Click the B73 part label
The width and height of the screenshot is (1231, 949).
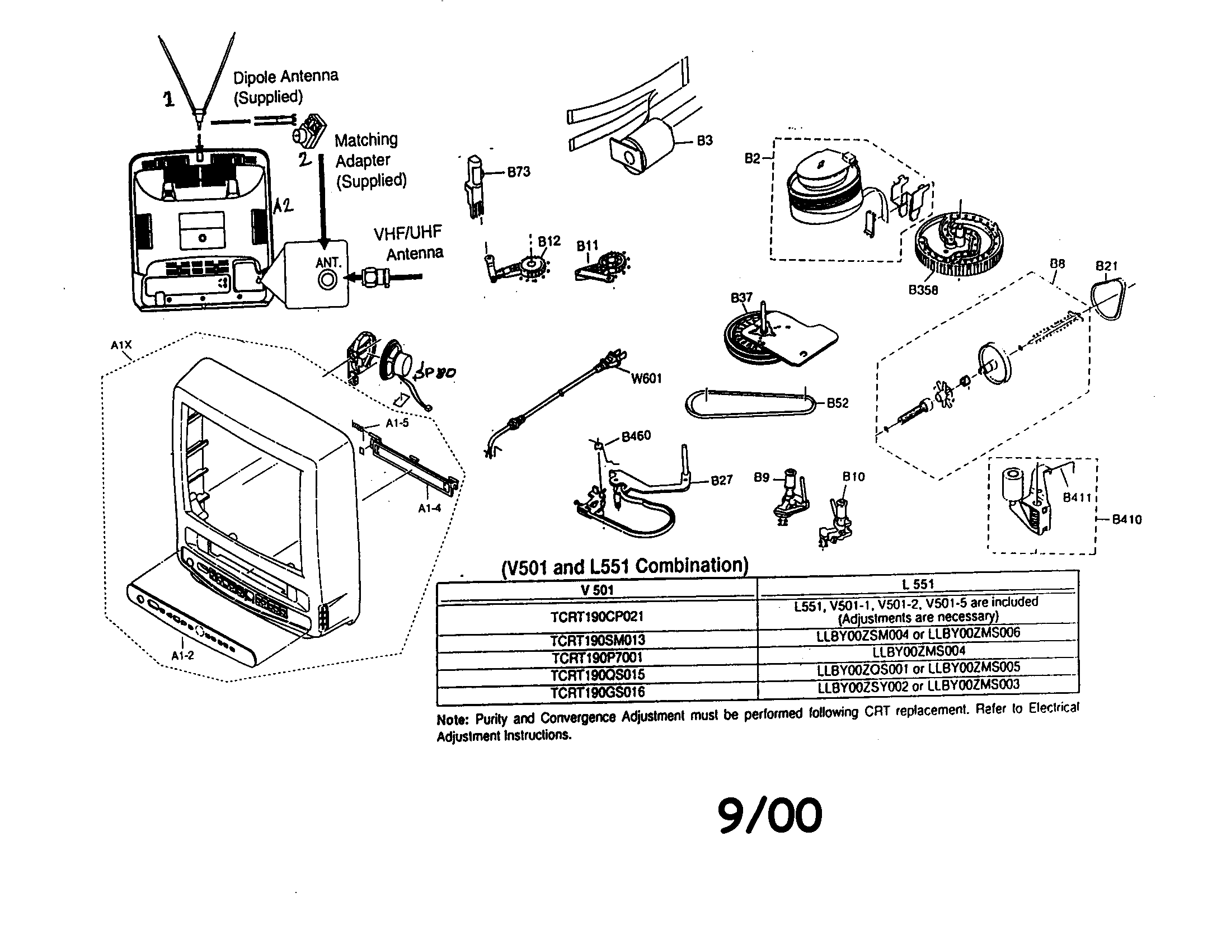(x=519, y=172)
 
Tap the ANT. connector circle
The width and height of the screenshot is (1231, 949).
(x=327, y=280)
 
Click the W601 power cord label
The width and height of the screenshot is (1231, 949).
(x=646, y=379)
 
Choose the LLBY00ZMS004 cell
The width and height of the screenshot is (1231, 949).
(x=918, y=651)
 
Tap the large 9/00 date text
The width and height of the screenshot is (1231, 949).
(x=770, y=815)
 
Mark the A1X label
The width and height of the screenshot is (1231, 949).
(x=121, y=345)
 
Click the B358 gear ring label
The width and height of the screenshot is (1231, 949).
(x=923, y=290)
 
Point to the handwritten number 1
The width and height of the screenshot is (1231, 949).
(x=168, y=100)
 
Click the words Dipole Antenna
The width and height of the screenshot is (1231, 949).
(x=286, y=76)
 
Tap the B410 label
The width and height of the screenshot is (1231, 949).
(x=1126, y=520)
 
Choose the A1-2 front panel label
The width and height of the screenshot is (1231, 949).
(x=182, y=655)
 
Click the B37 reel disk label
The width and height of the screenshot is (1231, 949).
(x=741, y=297)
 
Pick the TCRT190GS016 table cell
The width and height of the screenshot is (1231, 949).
(x=597, y=692)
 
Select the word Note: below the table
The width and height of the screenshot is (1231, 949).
(x=452, y=720)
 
